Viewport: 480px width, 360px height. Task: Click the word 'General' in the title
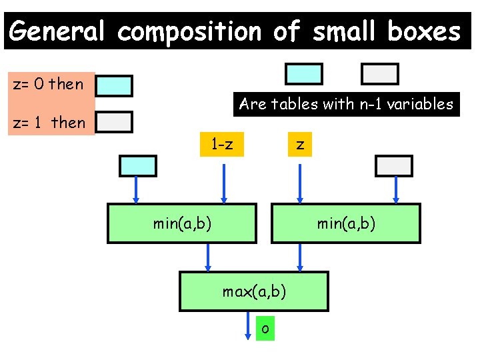coord(57,31)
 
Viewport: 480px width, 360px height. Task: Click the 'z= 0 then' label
coord(49,84)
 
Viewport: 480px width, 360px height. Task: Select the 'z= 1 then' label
coord(50,122)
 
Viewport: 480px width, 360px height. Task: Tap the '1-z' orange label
coord(222,143)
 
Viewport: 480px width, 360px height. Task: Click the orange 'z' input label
coord(301,143)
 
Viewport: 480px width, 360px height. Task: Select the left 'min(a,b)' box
coord(183,223)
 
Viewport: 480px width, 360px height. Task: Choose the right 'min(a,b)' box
coord(346,223)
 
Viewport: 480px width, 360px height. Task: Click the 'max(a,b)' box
coord(254,291)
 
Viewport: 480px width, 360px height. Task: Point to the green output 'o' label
coord(265,328)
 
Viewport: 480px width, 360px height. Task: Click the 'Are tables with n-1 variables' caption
coord(346,104)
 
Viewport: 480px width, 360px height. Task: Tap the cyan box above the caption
coord(304,74)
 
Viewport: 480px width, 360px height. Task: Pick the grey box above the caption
coord(379,74)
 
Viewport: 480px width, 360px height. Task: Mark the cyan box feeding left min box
coord(138,165)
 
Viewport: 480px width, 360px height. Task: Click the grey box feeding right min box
coord(394,165)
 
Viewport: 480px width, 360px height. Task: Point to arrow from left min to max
coord(208,257)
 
